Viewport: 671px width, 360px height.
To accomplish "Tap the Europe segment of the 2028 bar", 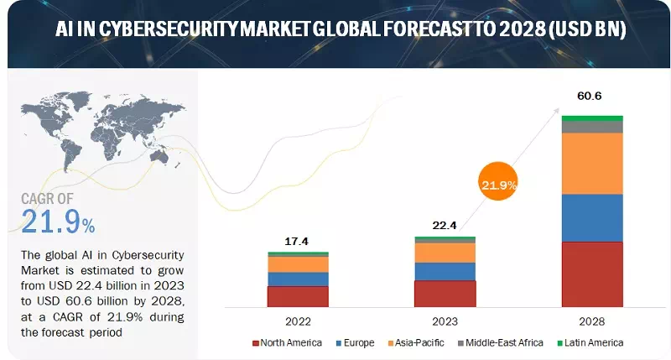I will tap(592, 218).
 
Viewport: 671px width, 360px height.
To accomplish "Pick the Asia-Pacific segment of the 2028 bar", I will tap(592, 164).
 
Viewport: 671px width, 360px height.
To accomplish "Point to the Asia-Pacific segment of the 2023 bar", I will tap(445, 253).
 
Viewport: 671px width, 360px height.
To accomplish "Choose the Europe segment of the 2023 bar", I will tap(445, 271).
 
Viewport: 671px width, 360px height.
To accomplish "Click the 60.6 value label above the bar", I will tap(590, 97).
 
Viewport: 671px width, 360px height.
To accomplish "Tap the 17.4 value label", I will tap(298, 241).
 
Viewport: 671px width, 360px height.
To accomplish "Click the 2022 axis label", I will tap(298, 321).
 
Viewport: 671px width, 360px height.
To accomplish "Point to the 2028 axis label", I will tap(592, 321).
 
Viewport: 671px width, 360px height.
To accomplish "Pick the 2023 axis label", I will tap(445, 321).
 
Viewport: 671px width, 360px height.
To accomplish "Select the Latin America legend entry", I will tap(592, 342).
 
